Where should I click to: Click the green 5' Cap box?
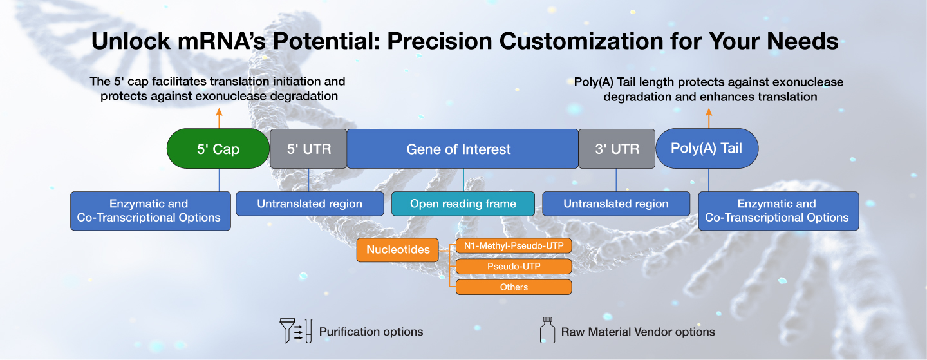(218, 149)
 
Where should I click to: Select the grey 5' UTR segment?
(308, 149)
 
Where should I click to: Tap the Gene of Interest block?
(462, 149)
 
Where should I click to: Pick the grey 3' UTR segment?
(617, 149)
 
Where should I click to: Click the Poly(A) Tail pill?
(707, 149)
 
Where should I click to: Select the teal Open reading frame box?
(463, 204)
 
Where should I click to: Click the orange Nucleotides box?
(398, 249)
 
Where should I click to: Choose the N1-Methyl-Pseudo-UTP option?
(514, 245)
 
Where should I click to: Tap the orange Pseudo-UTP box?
(514, 266)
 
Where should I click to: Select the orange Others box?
(514, 287)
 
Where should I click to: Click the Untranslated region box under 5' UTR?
(310, 204)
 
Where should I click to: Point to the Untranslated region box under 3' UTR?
(616, 204)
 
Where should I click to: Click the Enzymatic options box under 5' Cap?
(150, 211)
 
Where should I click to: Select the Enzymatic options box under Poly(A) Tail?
(778, 211)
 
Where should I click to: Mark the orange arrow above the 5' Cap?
(219, 118)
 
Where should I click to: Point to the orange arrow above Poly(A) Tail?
(709, 118)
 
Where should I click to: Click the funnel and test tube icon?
(296, 330)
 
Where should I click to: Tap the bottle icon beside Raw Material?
(547, 330)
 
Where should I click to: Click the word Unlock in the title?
(131, 41)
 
